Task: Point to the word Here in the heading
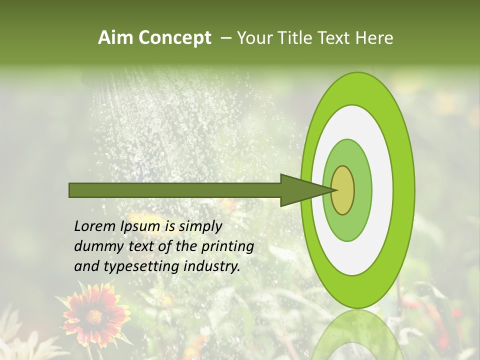[374, 38]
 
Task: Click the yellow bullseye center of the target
[342, 190]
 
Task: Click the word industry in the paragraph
[212, 266]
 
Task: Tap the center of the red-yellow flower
[93, 317]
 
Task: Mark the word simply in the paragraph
[200, 227]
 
